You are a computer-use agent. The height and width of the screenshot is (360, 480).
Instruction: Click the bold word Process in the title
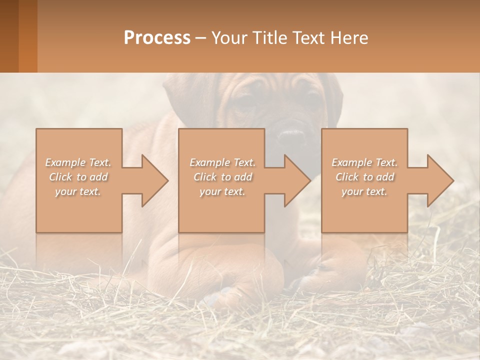click(x=157, y=38)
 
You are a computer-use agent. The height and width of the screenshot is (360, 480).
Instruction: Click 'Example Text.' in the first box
click(x=78, y=162)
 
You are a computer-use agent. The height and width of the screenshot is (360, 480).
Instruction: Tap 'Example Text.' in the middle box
click(x=222, y=162)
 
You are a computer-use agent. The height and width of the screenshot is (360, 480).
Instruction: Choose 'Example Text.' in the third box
click(x=364, y=162)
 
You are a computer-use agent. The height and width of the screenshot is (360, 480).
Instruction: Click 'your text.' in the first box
click(x=78, y=191)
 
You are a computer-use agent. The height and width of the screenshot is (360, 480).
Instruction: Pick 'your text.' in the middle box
click(x=222, y=191)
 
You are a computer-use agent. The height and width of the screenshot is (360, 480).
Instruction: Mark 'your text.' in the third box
click(x=364, y=191)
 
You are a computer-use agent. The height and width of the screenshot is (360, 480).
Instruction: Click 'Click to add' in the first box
click(x=78, y=177)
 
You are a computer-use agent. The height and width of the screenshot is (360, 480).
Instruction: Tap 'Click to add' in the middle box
click(x=222, y=177)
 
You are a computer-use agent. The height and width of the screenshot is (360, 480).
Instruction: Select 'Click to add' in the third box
click(x=364, y=177)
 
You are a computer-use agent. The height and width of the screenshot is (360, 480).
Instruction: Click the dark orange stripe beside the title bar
click(x=27, y=36)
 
